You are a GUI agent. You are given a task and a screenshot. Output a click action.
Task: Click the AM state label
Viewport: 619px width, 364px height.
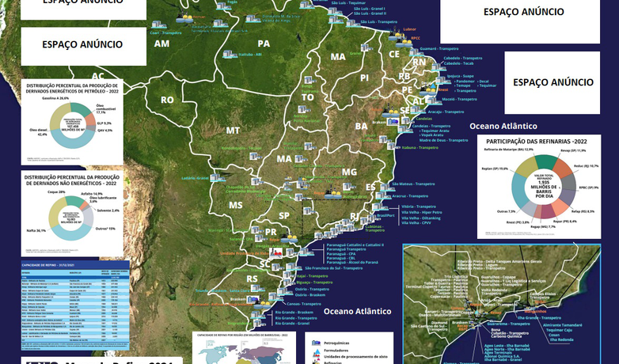coord(161,44)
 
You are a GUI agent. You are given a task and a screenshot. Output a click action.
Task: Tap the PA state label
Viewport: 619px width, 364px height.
coord(264,44)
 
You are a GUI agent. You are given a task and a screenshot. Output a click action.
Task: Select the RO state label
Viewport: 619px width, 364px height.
coord(167,100)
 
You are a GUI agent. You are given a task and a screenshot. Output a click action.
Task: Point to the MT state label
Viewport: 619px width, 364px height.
coord(233,130)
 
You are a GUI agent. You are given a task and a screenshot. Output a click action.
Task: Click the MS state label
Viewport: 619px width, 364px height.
coord(236,205)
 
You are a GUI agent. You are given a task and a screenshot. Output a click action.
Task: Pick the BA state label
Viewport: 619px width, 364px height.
coord(361,126)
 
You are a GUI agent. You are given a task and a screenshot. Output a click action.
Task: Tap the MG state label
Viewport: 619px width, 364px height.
coord(349,172)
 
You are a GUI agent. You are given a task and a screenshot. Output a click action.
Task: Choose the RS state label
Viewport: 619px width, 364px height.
coord(253,279)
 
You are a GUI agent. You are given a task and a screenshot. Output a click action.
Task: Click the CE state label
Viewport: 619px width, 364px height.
coord(393,54)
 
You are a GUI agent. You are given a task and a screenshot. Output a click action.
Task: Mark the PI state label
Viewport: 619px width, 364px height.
coord(365,78)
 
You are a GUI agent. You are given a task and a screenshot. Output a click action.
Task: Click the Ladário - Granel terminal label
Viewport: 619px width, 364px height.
coord(195,179)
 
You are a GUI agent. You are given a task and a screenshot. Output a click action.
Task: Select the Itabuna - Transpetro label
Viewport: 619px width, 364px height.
coord(420,148)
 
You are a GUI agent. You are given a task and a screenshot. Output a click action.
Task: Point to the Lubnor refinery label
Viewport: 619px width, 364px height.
coord(409,29)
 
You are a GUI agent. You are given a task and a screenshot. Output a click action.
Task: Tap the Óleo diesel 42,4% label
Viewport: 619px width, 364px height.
coord(37,134)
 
